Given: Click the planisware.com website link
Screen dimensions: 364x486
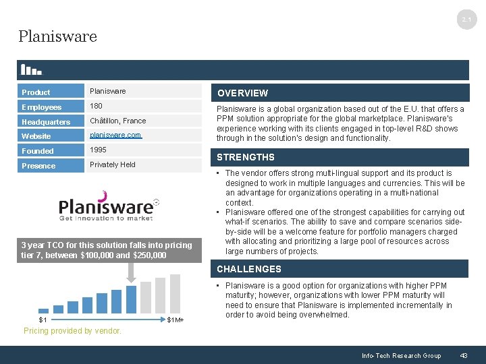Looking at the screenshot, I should click(115, 135).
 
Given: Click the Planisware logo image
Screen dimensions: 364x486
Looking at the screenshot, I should click(109, 206).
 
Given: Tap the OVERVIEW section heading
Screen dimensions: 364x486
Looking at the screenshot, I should click(242, 93).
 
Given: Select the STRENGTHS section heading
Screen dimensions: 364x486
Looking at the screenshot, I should click(246, 157).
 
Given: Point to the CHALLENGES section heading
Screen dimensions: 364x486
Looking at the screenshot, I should click(249, 269).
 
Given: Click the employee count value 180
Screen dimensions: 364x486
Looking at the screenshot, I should click(96, 106).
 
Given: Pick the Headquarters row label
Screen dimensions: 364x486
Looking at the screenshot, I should click(46, 122).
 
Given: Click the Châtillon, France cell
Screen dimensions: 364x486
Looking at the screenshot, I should click(117, 121).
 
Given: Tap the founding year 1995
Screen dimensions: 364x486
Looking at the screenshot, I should click(99, 150).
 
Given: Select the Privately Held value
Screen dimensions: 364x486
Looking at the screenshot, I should click(113, 164).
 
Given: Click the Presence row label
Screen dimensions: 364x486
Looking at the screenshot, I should click(38, 166).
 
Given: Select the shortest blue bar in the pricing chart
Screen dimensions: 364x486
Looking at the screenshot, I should click(43, 310).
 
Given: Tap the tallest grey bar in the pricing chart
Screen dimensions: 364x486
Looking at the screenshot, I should click(175, 293).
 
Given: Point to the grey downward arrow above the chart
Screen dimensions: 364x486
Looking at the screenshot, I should click(131, 270).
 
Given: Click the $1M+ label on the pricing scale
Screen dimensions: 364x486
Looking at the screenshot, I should click(175, 320).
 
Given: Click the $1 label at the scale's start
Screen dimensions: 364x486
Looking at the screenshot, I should click(43, 320).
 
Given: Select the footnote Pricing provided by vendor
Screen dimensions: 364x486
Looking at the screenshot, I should click(73, 331).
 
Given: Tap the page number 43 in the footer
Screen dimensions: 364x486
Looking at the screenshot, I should click(464, 355).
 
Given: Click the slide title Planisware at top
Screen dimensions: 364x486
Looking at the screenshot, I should click(58, 36).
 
